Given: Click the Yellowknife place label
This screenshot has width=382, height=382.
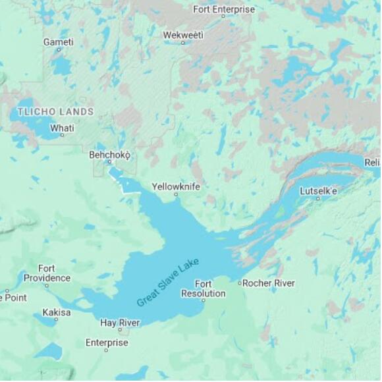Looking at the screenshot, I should click(176, 186).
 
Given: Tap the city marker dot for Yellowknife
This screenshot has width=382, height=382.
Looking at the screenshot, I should click(176, 195).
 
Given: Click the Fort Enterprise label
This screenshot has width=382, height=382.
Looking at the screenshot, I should click(223, 9).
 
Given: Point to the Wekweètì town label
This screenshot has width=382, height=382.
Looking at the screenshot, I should click(183, 34).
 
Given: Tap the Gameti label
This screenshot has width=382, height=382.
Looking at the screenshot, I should click(58, 41).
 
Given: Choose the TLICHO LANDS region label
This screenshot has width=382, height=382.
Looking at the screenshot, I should click(55, 111).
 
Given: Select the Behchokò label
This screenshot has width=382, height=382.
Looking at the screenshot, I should click(110, 155).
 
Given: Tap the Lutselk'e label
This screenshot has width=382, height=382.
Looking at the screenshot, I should click(318, 190).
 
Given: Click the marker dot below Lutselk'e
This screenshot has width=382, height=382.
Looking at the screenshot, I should click(318, 198).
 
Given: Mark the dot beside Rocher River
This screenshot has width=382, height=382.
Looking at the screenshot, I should click(240, 283).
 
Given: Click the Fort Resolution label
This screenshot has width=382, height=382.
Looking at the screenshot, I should click(203, 288).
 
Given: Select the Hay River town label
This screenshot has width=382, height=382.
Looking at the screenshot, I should click(120, 322).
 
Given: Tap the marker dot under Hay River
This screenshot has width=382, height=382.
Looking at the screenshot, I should click(120, 330).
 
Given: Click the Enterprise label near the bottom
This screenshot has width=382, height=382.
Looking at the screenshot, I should click(107, 342).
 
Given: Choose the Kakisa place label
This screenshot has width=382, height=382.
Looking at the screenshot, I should click(56, 312).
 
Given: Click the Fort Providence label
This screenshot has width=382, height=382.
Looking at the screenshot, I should click(47, 273).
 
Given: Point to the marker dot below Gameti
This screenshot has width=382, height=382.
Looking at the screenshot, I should click(58, 50).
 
